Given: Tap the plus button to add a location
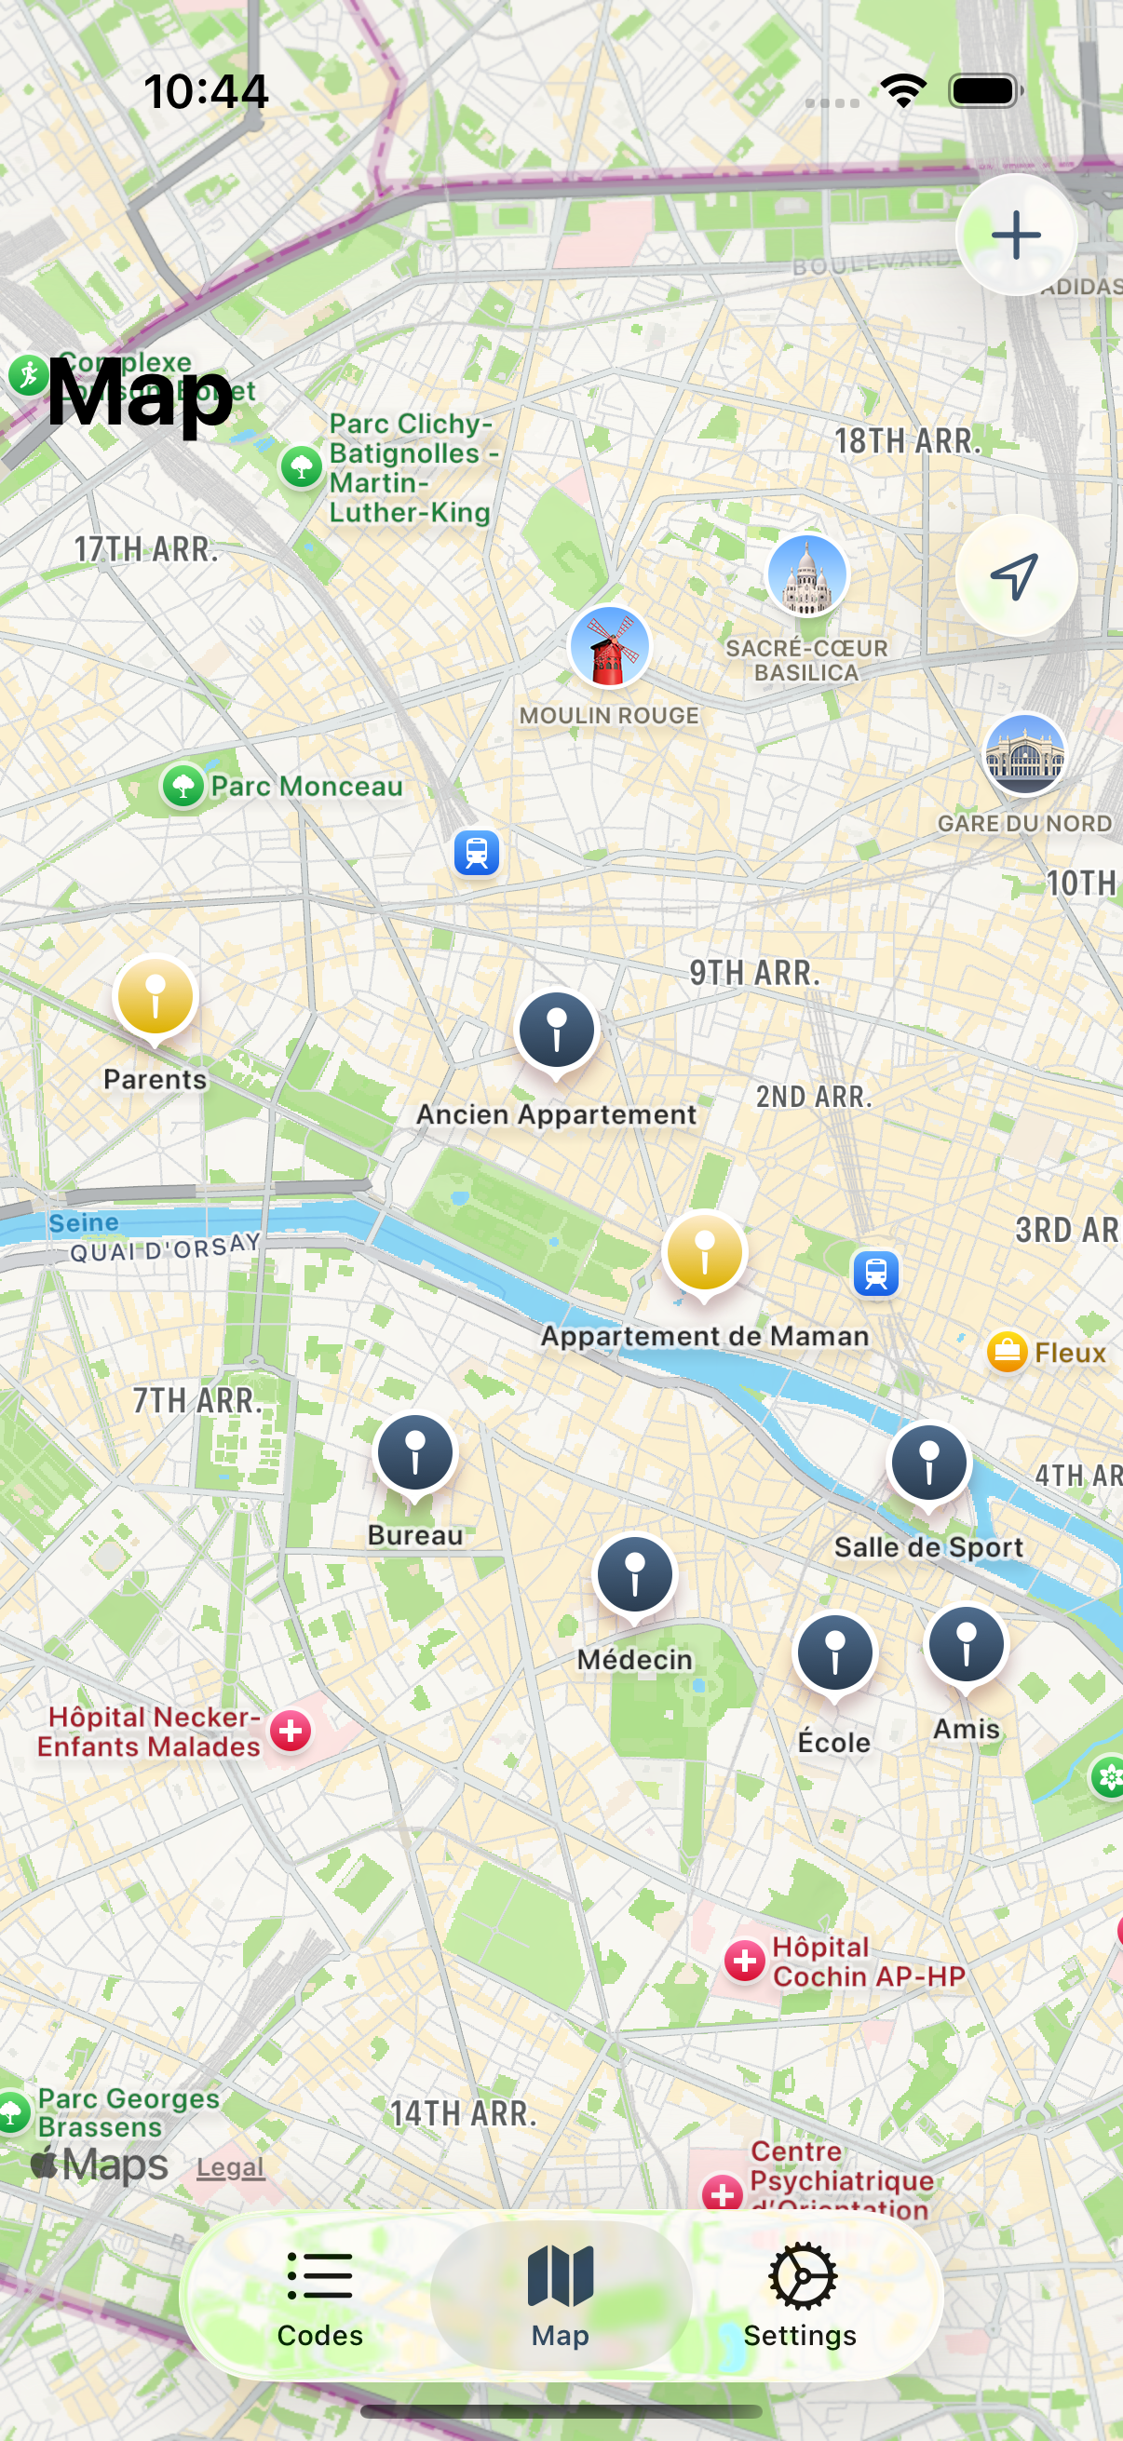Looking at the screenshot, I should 1016,235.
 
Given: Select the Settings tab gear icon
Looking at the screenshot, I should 802,2276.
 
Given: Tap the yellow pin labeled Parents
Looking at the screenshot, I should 156,997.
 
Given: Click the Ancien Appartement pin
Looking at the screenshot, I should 557,1031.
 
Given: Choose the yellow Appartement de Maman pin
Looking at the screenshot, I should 704,1253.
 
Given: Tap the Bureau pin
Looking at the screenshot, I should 415,1452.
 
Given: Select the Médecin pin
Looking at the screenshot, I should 635,1575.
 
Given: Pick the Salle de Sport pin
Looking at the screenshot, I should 928,1463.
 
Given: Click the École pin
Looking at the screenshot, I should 834,1653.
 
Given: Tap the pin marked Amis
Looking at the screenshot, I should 966,1644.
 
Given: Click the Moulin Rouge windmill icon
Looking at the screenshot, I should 609,647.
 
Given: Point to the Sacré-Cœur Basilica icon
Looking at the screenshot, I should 806,575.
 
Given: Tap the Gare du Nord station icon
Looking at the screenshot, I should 1024,754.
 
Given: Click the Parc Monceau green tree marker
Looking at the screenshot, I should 183,786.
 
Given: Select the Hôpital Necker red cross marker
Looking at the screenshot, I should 291,1732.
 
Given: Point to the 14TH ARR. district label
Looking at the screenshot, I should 463,2113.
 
